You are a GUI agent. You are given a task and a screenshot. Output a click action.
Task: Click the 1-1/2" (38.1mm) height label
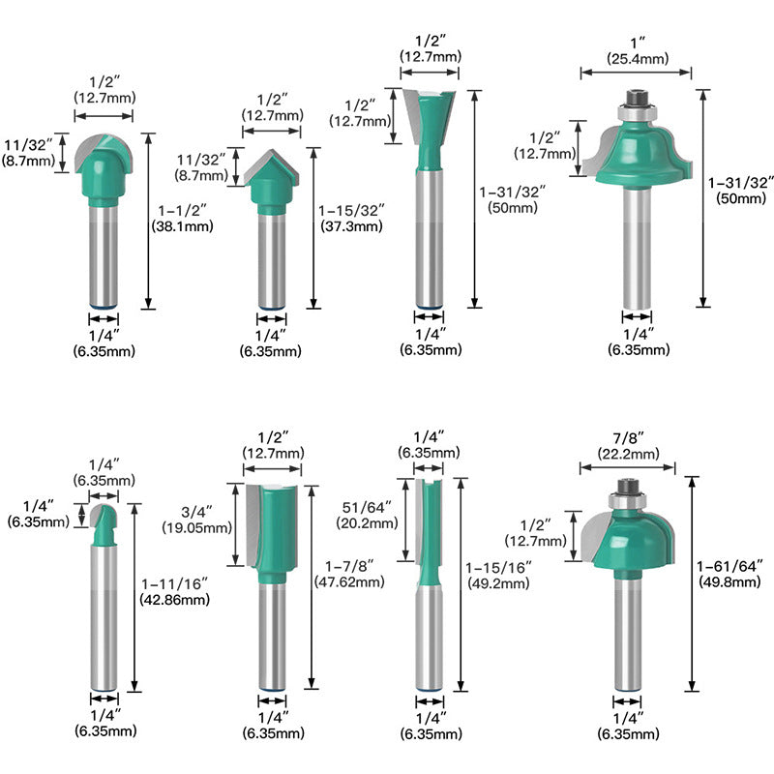182,219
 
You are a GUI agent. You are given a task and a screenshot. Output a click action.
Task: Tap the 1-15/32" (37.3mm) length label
351,219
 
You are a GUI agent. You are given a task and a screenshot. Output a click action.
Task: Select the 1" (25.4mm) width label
638,51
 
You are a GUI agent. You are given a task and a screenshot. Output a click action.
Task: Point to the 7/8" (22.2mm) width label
628,446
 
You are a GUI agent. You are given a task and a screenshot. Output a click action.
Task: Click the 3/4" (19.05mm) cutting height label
197,520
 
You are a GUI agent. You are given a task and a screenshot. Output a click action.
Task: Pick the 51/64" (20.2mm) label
367,515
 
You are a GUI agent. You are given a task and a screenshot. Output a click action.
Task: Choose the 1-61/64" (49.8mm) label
729,574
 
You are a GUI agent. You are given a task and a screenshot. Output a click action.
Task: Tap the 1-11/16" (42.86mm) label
175,592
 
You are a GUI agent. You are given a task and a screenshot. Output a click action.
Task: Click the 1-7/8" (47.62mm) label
349,574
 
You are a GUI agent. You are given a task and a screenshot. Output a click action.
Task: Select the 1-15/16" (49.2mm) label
498,575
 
